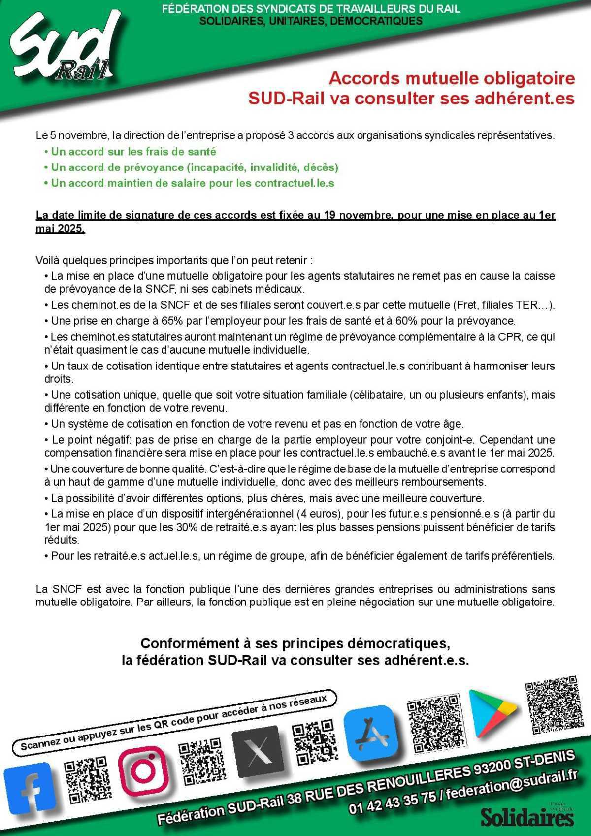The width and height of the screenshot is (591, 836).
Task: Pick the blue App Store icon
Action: coord(372,731)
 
